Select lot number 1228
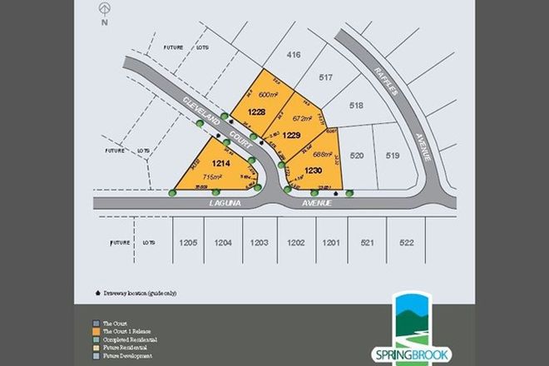tap(257, 111)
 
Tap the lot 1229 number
tap(291, 134)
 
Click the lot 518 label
tap(357, 106)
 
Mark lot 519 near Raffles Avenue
tap(393, 156)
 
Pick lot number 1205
tap(188, 243)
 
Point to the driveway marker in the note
tap(99, 294)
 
